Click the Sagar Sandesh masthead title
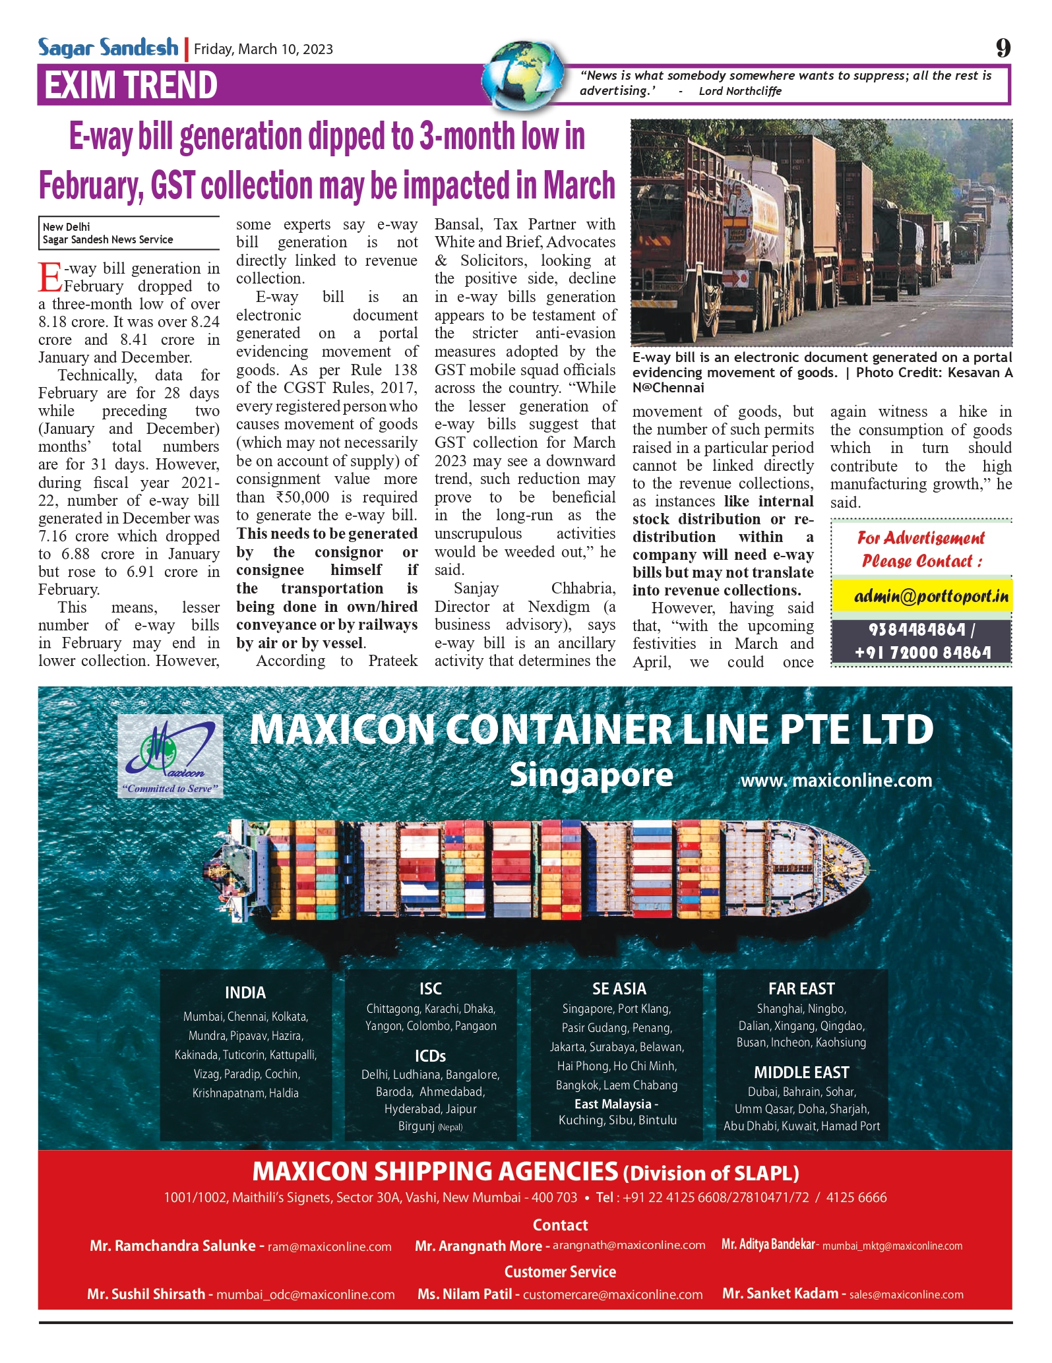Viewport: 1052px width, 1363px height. coord(108,47)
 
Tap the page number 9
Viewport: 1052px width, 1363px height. coord(1003,48)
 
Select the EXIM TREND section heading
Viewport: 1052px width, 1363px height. coord(131,85)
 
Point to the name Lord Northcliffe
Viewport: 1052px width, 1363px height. coord(740,91)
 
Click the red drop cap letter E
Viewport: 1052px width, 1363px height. coord(49,277)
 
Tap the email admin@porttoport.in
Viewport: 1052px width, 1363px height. coord(931,596)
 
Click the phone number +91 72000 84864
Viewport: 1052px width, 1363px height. coord(922,652)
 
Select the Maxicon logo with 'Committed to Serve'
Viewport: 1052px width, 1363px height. coord(170,758)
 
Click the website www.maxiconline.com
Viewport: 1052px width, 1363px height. coord(836,781)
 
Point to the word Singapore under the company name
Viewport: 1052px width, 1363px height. coord(591,775)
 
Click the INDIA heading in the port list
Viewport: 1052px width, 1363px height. coord(245,992)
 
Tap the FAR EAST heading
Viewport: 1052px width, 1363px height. coord(801,988)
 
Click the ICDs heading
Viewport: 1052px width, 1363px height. coord(430,1056)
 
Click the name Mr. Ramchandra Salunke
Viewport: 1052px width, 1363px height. coord(173,1246)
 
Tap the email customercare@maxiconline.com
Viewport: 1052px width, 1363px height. coord(613,1294)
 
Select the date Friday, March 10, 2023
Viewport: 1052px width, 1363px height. coord(263,49)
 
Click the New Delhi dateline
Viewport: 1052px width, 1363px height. coord(67,227)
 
